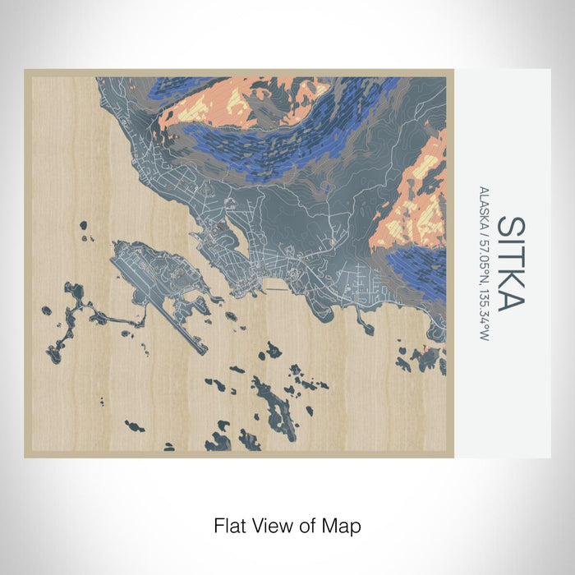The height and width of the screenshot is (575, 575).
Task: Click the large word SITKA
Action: [510, 264]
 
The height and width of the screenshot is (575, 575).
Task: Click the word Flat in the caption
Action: [229, 524]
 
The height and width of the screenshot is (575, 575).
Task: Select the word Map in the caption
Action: [344, 524]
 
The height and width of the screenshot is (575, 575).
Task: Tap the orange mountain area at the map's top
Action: [222, 103]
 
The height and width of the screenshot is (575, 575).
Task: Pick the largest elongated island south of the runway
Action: [274, 407]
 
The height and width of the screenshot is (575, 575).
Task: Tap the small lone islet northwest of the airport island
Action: [83, 224]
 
